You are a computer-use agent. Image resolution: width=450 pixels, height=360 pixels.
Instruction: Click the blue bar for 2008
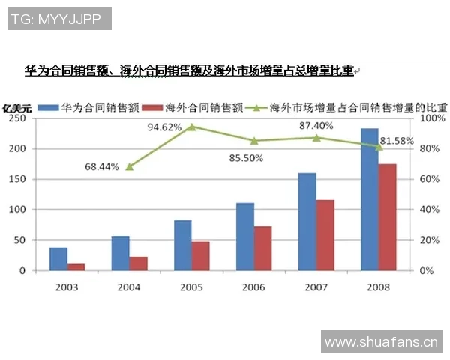pos(369,199)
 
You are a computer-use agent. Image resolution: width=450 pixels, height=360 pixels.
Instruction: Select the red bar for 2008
pos(387,217)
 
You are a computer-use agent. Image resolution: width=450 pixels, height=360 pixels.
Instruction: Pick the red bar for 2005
pos(201,256)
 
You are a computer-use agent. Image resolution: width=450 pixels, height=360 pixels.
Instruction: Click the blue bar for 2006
pos(245,237)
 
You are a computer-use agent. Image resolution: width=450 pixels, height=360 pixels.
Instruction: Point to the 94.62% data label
pos(164,127)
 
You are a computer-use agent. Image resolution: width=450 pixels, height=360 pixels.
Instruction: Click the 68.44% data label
pos(102,166)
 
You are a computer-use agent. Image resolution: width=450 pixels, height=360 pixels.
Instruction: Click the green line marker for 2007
pos(316,138)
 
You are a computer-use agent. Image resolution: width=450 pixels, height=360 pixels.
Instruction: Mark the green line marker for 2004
pos(130,166)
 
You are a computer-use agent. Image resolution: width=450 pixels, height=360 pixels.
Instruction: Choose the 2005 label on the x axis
pos(192,286)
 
